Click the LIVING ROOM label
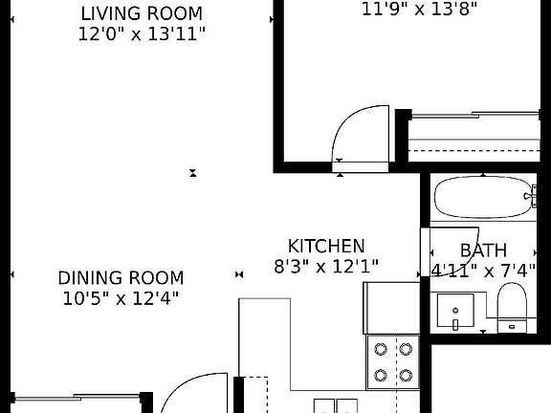click(141, 13)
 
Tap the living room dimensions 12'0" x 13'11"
click(141, 33)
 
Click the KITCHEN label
click(326, 246)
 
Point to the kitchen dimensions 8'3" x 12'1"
click(326, 267)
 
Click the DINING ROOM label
click(121, 278)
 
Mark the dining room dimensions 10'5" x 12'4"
click(121, 297)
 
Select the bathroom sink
click(456, 312)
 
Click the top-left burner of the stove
click(381, 350)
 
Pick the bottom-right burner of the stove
click(406, 374)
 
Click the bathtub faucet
click(529, 199)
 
